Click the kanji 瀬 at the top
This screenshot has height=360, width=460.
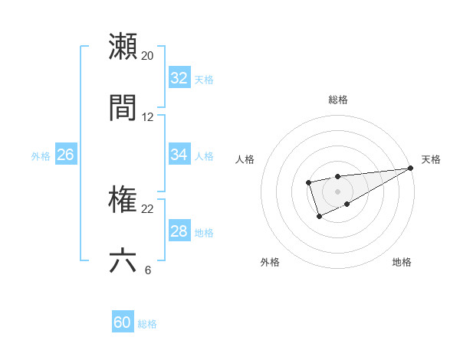pyautogui.click(x=123, y=47)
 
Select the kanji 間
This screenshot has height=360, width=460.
pyautogui.click(x=123, y=108)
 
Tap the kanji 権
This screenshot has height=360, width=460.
pyautogui.click(x=123, y=201)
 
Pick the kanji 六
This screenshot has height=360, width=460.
pyautogui.click(x=123, y=261)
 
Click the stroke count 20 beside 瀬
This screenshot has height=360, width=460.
pyautogui.click(x=148, y=56)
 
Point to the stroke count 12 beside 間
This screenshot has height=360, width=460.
pyautogui.click(x=148, y=117)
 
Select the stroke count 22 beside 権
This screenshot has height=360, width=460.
pyautogui.click(x=148, y=209)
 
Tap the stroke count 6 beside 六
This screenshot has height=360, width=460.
pyautogui.click(x=148, y=270)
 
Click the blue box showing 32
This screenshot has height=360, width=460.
pyautogui.click(x=179, y=78)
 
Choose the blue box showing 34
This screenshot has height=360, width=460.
pyautogui.click(x=179, y=155)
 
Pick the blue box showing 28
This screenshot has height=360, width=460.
pyautogui.click(x=179, y=231)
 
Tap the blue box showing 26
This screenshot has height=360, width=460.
pyautogui.click(x=65, y=155)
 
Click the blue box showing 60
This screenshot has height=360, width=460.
pyautogui.click(x=123, y=322)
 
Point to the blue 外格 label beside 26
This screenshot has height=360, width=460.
pyautogui.click(x=41, y=156)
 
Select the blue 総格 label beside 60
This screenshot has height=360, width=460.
pyautogui.click(x=147, y=324)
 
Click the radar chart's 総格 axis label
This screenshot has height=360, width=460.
pyautogui.click(x=337, y=100)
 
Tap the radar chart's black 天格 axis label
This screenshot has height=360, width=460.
pyautogui.click(x=431, y=159)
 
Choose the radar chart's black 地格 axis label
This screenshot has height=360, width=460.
pyautogui.click(x=402, y=262)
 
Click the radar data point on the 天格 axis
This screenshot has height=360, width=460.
pyautogui.click(x=410, y=168)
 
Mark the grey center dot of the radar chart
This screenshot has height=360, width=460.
pyautogui.click(x=337, y=191)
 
